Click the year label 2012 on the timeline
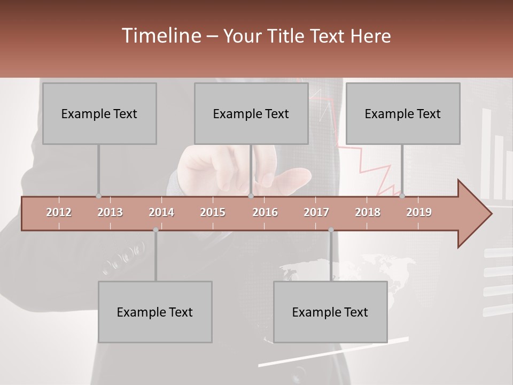tap(59, 212)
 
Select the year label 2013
tap(110, 212)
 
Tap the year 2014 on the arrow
tap(161, 212)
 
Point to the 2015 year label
tap(213, 212)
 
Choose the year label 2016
tap(265, 212)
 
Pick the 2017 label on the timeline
tap(316, 212)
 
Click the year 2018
tap(368, 212)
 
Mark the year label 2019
tap(419, 212)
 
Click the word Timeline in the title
tap(160, 36)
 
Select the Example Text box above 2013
tap(99, 113)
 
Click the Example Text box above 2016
tap(251, 113)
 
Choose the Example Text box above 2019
tap(403, 113)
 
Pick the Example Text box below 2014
tap(155, 312)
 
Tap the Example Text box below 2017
tap(330, 312)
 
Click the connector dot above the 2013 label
tap(98, 196)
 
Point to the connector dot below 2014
tap(156, 230)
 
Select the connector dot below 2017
tap(331, 230)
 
